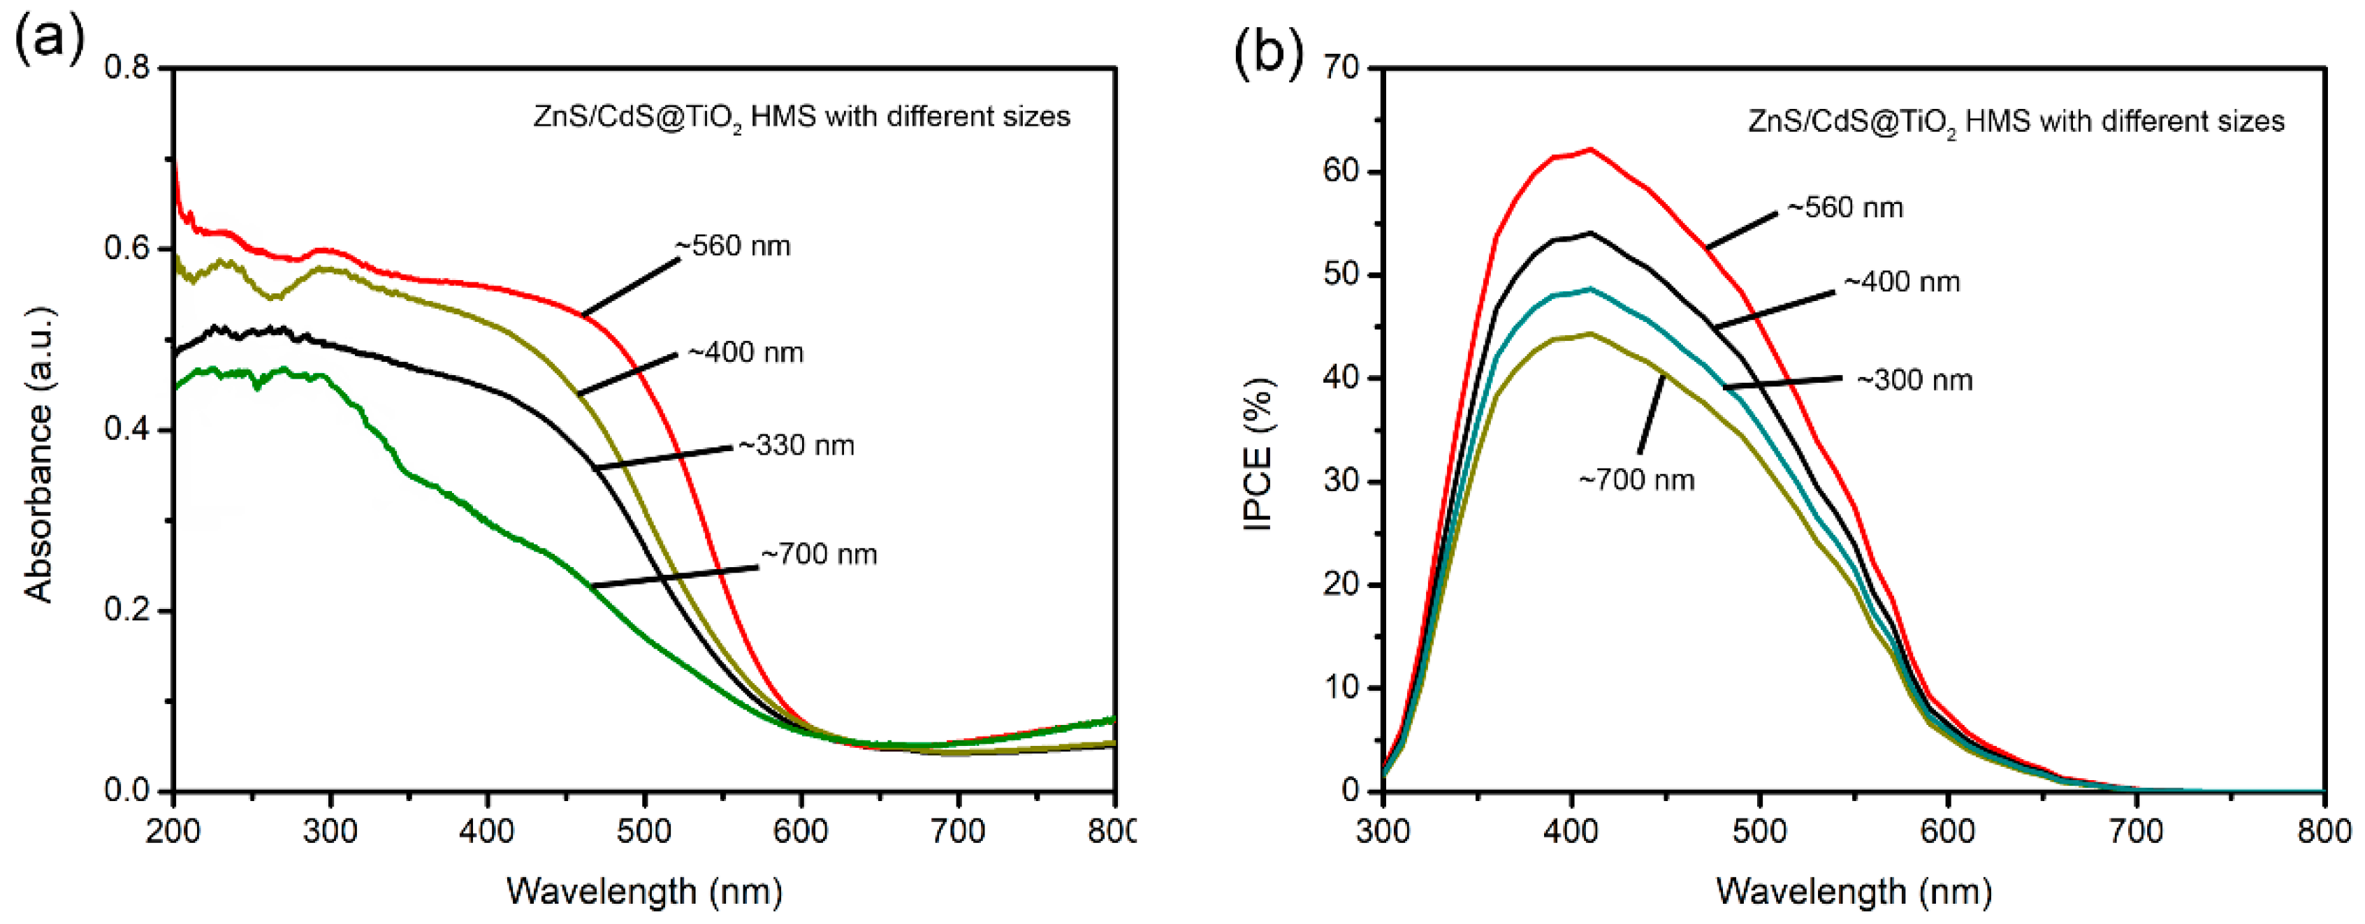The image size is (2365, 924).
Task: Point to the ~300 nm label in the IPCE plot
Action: point(1914,380)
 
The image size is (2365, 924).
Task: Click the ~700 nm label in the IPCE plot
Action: point(1636,480)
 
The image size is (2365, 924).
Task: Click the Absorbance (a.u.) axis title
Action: point(38,454)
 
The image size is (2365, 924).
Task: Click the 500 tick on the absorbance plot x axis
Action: point(644,831)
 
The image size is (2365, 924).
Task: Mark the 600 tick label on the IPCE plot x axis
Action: point(1947,831)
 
